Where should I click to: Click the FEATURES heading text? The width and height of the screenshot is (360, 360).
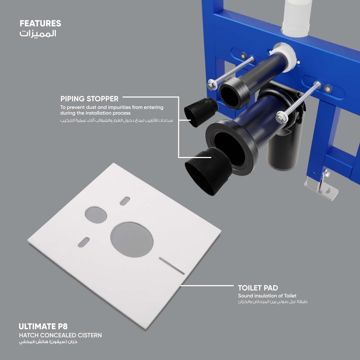coord(40,23)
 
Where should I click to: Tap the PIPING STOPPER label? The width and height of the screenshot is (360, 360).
coord(89,99)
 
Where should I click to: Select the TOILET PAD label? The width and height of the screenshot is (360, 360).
coord(258,288)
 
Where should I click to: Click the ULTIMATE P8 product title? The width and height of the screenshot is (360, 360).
coord(43,326)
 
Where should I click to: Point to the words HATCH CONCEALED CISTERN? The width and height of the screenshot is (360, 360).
coord(60,335)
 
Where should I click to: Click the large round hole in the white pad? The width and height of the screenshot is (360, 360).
coord(132,239)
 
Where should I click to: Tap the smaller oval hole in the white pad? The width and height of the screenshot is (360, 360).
coord(96,215)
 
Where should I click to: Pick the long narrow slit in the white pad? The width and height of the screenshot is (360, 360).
coord(172,266)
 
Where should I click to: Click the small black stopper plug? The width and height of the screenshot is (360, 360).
coord(201,112)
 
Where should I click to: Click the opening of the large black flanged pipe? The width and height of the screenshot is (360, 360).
coord(229,149)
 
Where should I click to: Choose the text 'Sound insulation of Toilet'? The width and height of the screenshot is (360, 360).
coord(267,296)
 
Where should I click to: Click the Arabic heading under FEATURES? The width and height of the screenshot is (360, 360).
coord(38,33)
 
